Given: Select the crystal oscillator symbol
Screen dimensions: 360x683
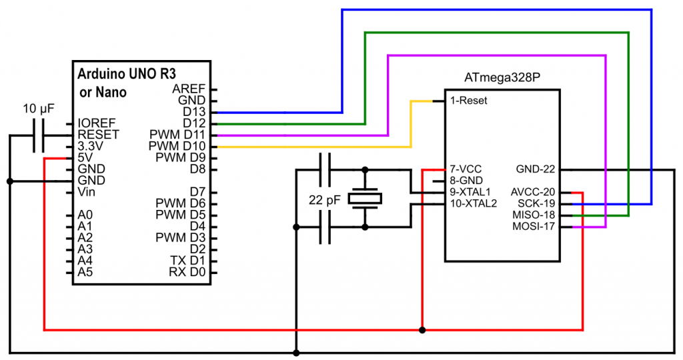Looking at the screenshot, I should [365, 198].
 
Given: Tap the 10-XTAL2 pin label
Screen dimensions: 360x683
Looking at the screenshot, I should [474, 203].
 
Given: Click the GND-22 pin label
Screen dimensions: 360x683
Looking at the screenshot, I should [536, 169].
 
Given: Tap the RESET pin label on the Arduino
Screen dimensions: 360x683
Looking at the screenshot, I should [98, 135].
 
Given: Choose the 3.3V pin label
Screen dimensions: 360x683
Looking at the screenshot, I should [90, 146].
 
